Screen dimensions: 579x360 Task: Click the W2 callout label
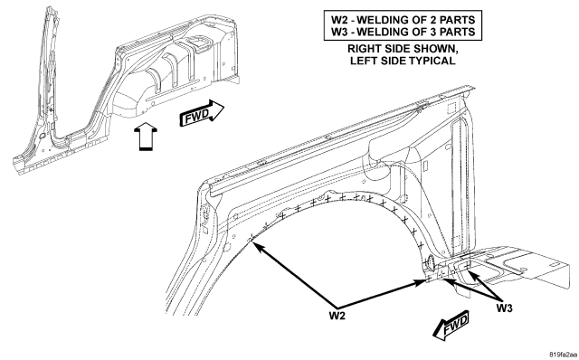click(337, 316)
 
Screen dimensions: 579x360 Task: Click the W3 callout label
click(504, 308)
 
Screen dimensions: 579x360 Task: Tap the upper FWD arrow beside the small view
click(202, 113)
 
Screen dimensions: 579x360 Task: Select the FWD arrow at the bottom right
click(451, 326)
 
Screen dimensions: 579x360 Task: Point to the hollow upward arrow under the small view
click(145, 137)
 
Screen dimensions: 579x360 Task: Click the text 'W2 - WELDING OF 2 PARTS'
click(403, 20)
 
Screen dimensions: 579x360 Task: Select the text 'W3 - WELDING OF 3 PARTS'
click(403, 32)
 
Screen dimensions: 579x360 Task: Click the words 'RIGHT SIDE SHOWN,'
click(403, 48)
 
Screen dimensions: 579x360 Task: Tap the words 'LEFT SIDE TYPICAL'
click(403, 61)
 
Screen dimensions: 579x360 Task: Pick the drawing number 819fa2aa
click(563, 355)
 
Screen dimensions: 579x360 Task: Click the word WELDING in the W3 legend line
click(382, 32)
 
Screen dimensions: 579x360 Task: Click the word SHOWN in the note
click(436, 48)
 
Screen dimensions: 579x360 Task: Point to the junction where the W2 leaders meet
click(337, 308)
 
